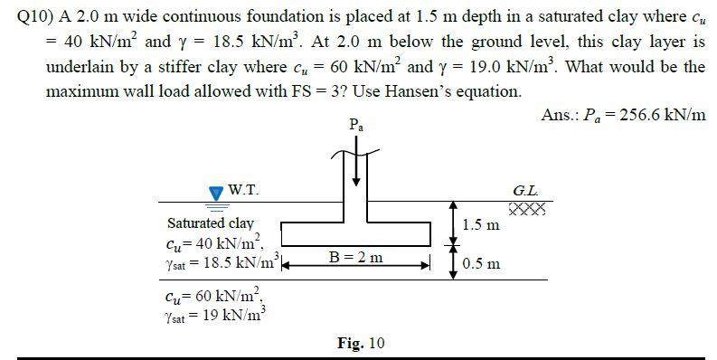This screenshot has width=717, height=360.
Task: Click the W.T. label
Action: (x=242, y=190)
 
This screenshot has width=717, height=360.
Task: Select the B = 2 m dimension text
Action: (x=356, y=258)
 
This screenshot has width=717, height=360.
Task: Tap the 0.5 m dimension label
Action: (x=480, y=264)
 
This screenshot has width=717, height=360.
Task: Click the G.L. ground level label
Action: (x=526, y=192)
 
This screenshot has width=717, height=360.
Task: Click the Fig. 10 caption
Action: (x=361, y=343)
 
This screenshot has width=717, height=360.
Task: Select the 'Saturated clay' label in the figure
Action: (x=211, y=223)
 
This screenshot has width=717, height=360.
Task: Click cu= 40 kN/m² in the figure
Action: (x=213, y=242)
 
